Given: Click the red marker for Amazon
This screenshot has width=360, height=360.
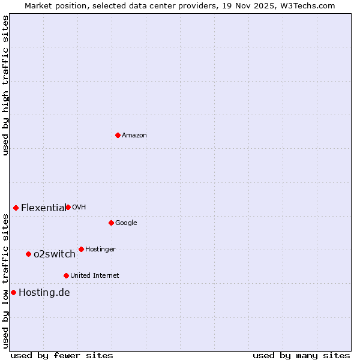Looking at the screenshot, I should click(118, 135).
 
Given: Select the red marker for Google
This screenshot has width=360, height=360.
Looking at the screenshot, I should click(111, 223).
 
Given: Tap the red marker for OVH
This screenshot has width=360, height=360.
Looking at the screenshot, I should click(68, 207).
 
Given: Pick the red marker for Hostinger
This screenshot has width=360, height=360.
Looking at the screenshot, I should click(81, 249).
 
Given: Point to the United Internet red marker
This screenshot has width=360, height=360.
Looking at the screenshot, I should click(66, 275).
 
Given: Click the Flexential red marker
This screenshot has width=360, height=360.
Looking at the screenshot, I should click(16, 208).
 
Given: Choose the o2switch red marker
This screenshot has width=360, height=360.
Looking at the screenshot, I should click(28, 254).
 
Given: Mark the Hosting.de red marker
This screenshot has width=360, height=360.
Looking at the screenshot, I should click(13, 292).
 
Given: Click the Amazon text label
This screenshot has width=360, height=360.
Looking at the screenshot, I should click(134, 136).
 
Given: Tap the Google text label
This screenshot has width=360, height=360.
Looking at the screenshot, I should click(126, 223).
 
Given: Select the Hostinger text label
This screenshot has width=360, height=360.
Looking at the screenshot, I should click(100, 250).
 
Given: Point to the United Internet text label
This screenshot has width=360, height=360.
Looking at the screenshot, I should click(95, 276).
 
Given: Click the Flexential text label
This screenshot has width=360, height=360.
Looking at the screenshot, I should click(43, 208).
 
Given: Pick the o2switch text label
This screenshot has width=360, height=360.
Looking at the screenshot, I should click(55, 254).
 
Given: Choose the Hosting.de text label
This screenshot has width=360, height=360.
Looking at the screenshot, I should click(44, 293).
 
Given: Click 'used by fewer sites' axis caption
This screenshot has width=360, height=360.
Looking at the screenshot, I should click(62, 355).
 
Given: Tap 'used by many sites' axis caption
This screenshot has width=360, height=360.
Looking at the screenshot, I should click(301, 355).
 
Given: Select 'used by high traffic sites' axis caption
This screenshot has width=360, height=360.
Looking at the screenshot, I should click(5, 85).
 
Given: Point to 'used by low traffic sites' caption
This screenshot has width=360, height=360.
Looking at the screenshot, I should click(5, 281).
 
